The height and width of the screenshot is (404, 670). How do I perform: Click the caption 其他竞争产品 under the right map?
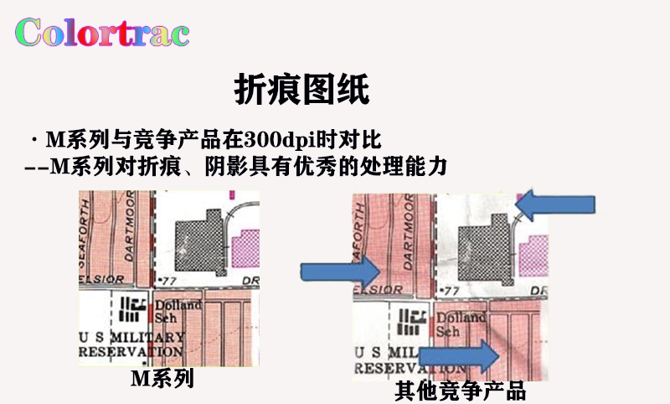[x=460, y=391]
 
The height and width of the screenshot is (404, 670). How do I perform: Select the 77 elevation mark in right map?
[x=451, y=290]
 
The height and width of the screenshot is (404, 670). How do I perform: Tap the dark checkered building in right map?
[x=485, y=245]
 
